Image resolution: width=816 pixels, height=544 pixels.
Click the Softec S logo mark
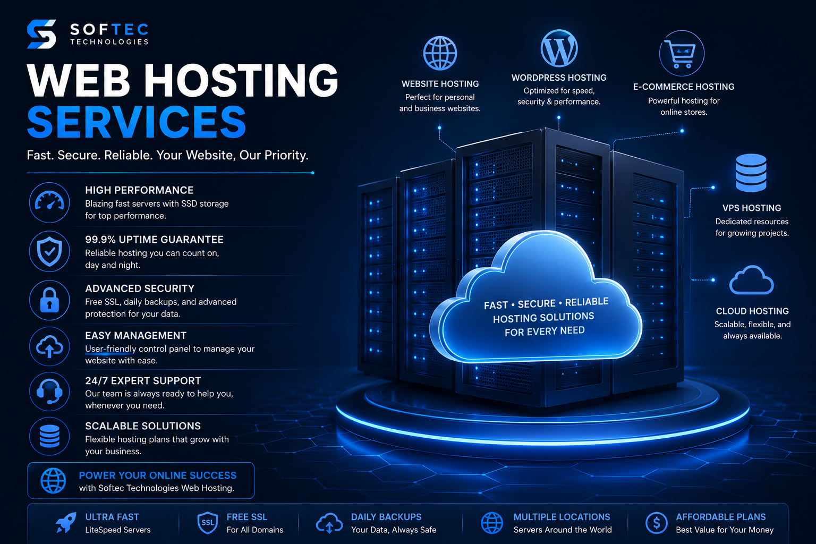pos(41,34)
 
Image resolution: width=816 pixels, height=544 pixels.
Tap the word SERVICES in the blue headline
pos(137,122)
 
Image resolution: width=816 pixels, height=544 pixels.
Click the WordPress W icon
pos(559,48)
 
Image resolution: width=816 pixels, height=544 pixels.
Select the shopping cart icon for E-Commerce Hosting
pos(681,54)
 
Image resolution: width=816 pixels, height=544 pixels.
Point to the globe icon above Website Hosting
pos(440,53)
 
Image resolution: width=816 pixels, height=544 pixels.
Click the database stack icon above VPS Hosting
pos(751,173)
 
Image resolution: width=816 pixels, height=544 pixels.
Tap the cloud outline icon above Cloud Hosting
pos(751,280)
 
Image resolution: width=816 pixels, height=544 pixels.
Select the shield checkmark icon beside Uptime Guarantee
pos(49,251)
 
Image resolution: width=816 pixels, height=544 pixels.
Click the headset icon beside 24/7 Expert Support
pos(49,392)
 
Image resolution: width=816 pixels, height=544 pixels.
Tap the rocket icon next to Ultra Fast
pos(66,523)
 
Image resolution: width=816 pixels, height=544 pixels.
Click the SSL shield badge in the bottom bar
pos(207,523)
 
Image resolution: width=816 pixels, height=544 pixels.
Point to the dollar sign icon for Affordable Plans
pos(656,523)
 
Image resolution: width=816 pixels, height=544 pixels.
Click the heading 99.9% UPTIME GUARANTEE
pos(154,240)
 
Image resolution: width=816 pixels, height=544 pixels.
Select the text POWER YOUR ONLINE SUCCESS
pos(158,475)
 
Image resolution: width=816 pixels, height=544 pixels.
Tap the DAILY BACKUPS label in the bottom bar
pos(386,517)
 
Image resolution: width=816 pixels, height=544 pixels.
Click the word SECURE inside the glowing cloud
pos(537,303)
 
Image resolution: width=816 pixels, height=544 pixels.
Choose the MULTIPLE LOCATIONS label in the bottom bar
pos(562,517)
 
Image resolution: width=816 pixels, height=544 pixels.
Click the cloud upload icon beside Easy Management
pos(49,346)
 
